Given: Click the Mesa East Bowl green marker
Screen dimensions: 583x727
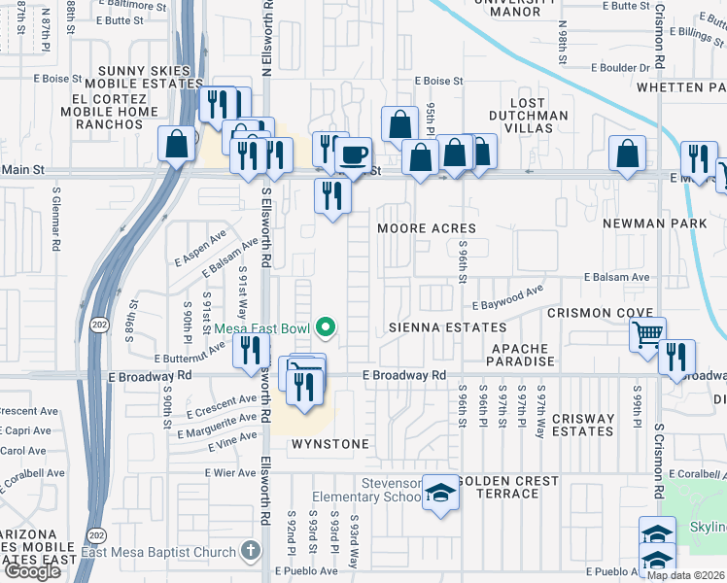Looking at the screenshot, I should click(x=327, y=328).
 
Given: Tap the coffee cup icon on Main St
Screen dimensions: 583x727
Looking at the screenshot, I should click(x=354, y=154).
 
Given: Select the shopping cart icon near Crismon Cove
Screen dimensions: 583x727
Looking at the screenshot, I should click(x=647, y=334).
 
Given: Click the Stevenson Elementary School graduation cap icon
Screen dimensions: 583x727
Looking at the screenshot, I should click(x=441, y=494).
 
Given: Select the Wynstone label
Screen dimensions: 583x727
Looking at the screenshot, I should click(x=330, y=444).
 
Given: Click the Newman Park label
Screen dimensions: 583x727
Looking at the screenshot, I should click(x=653, y=223).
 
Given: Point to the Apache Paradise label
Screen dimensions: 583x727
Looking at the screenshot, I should click(x=522, y=355).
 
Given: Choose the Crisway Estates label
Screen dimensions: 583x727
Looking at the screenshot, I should click(x=582, y=426).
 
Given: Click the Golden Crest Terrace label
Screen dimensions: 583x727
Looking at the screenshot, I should click(x=507, y=487).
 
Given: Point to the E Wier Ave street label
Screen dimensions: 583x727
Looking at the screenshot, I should click(x=230, y=473).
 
